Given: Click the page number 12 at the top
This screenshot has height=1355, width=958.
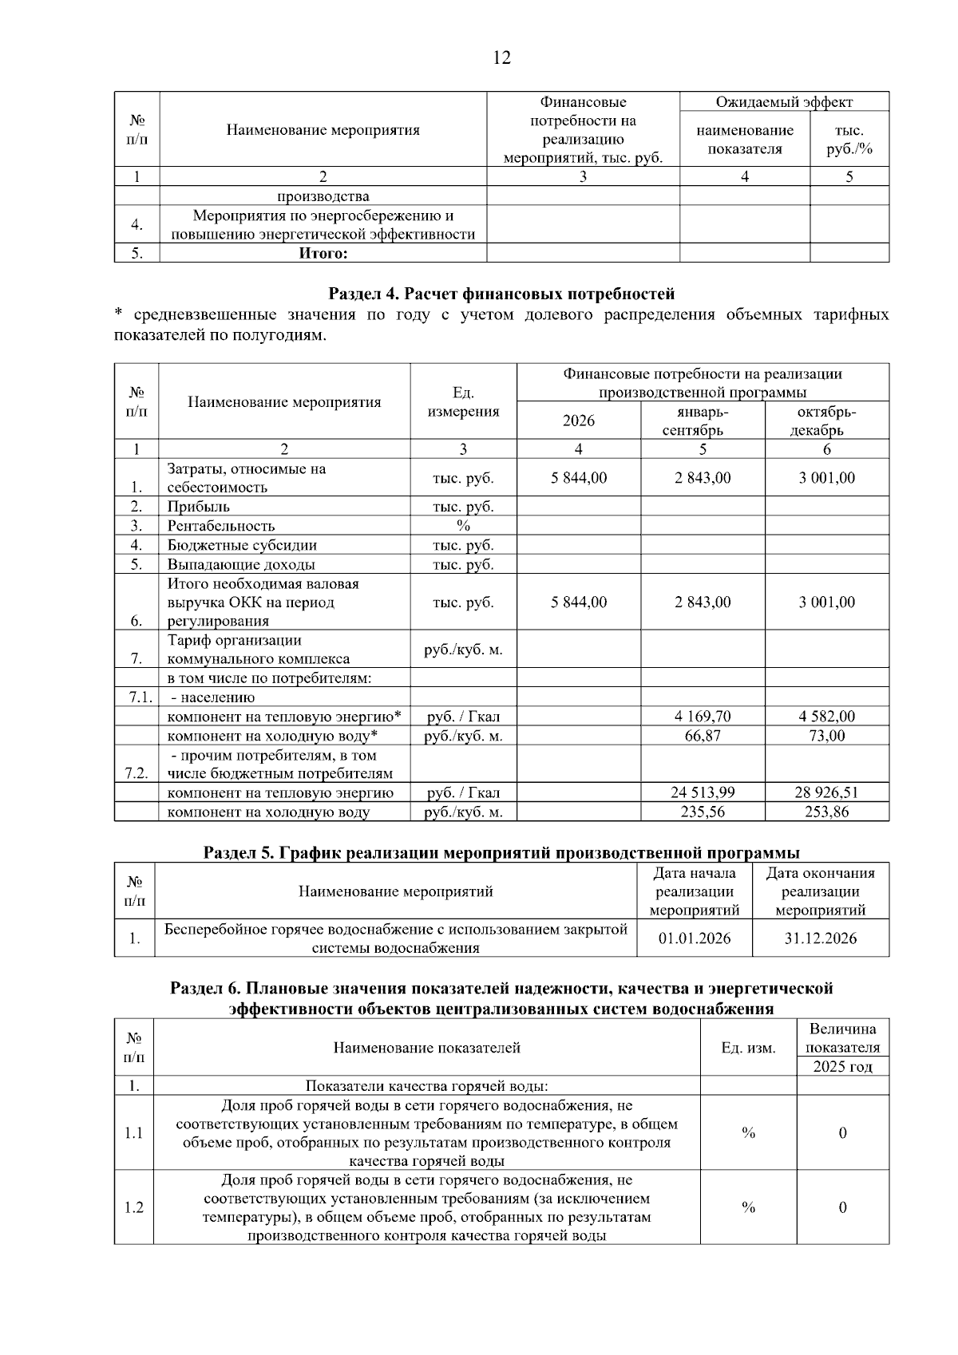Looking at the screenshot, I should click(x=502, y=57).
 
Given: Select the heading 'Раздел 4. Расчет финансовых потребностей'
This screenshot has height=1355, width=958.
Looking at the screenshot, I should click(x=501, y=294).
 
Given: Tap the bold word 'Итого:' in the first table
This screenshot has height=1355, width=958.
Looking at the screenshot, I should click(x=323, y=254).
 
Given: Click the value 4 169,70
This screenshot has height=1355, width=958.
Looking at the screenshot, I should click(x=703, y=717).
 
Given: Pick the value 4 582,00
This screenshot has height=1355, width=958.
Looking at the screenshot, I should click(x=826, y=717).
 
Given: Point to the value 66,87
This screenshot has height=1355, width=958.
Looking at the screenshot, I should click(x=703, y=736).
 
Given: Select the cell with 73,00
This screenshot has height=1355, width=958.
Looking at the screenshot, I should click(x=826, y=736).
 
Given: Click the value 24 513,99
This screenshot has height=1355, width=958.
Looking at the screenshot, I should click(x=703, y=793).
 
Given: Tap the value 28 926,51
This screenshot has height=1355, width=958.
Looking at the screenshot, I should click(x=826, y=793).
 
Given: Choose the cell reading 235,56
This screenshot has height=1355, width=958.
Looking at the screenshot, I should click(x=703, y=812).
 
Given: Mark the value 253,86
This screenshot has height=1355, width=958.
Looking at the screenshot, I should click(x=826, y=812).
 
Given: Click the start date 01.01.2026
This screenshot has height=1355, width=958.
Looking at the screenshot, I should click(x=695, y=938).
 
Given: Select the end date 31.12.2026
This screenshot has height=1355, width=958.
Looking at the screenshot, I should click(x=821, y=938).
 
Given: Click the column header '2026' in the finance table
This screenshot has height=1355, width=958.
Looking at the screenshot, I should click(x=578, y=421).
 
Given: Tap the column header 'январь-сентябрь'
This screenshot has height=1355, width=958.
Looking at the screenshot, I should click(x=703, y=421).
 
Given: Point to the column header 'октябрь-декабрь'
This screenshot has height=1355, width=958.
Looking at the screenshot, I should click(x=826, y=421).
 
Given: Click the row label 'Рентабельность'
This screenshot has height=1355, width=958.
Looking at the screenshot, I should click(x=221, y=526).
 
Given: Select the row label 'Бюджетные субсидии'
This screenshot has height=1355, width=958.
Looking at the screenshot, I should click(x=242, y=546).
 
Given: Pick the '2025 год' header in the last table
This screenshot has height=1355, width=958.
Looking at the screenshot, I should click(x=842, y=1067).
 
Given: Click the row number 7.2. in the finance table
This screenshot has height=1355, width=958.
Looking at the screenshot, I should click(x=137, y=773).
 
